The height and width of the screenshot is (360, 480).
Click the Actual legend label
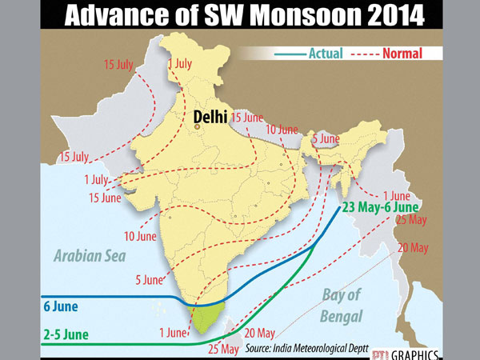[x=325, y=54]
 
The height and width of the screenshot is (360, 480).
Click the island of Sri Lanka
[x=227, y=322]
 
